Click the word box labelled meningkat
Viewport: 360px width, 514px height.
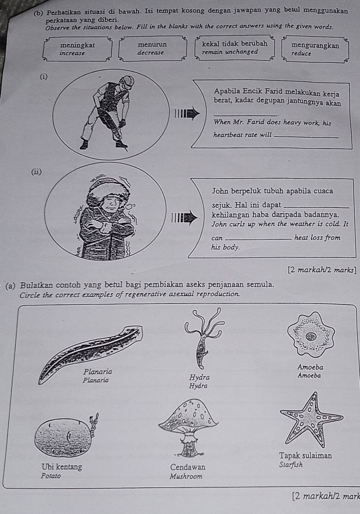click(77, 49)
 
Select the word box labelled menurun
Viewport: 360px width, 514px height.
click(152, 49)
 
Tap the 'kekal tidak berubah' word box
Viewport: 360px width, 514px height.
click(234, 48)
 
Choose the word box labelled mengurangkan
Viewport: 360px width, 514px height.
click(315, 49)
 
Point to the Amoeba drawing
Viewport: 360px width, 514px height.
click(311, 334)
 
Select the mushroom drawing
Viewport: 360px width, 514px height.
click(189, 428)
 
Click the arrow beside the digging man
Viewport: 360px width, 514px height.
click(187, 114)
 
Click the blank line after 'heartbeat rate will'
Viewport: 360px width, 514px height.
click(306, 137)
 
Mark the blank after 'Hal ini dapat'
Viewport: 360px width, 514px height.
click(316, 207)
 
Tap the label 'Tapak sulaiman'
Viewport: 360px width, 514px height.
click(306, 456)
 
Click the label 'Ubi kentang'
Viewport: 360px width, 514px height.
click(61, 467)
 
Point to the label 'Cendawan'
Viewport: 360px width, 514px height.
click(187, 467)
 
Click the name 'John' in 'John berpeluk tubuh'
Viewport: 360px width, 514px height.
click(220, 191)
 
